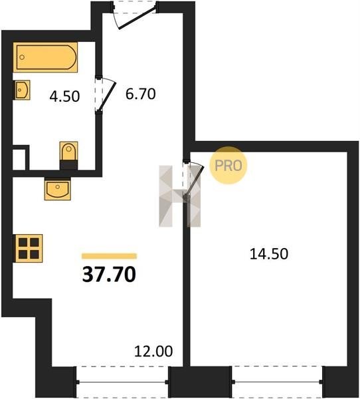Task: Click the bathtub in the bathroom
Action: [x=46, y=57]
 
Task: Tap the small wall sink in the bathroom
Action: [x=22, y=90]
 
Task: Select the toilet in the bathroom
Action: [x=68, y=156]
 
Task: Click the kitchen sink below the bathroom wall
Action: [x=58, y=189]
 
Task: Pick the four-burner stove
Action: [x=28, y=248]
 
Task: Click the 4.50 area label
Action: [x=64, y=96]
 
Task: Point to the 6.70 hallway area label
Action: [x=141, y=94]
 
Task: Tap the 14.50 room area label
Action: [x=269, y=254]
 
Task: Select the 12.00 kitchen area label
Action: [x=153, y=351]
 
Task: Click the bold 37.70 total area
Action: [x=110, y=275]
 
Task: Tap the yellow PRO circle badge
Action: [x=228, y=166]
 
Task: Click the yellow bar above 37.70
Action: [x=110, y=256]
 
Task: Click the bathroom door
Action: [x=105, y=94]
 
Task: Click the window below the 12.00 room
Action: [x=122, y=382]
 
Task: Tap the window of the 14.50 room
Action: [x=278, y=382]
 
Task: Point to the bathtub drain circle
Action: [x=22, y=57]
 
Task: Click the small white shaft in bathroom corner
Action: [x=19, y=160]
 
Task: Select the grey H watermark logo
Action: [x=180, y=196]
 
